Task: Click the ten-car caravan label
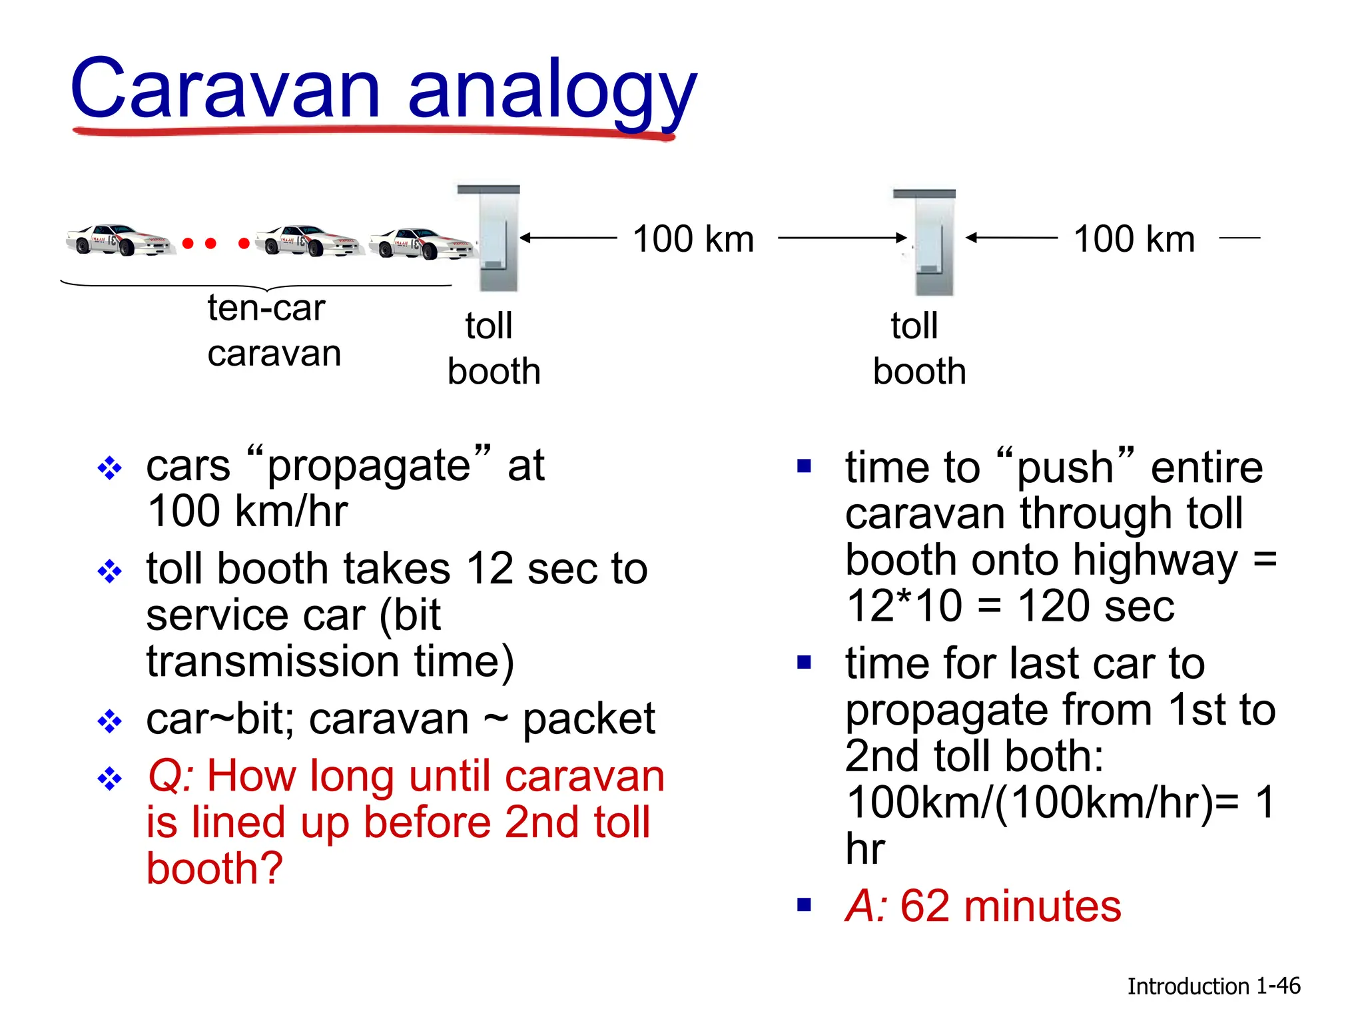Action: (273, 330)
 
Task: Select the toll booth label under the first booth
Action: (493, 348)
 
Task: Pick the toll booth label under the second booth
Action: (919, 348)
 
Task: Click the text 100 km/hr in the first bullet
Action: (247, 511)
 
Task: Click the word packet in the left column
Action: (589, 719)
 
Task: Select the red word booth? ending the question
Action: (214, 868)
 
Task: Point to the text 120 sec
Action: (1096, 606)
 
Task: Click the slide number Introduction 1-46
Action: (1213, 986)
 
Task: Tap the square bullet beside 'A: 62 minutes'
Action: (805, 904)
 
